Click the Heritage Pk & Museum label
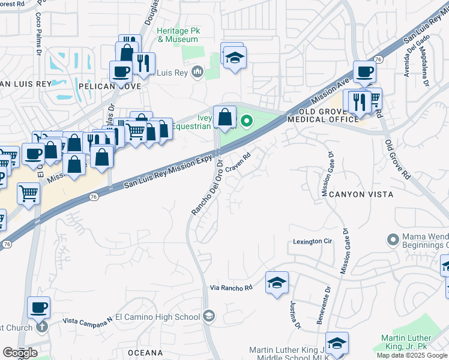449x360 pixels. click(x=178, y=35)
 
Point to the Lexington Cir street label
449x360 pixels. click(x=312, y=241)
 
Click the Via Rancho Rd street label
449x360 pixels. click(x=232, y=288)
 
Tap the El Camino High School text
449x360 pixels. click(x=158, y=317)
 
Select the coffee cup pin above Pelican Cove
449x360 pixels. click(x=121, y=73)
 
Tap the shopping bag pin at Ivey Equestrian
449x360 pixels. click(x=224, y=117)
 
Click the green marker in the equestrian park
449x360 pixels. click(x=246, y=122)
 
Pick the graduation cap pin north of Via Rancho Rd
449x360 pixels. click(x=277, y=283)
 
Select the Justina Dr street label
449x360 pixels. click(x=295, y=314)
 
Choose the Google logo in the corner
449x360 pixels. click(x=19, y=353)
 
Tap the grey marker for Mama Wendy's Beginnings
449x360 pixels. click(x=393, y=239)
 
